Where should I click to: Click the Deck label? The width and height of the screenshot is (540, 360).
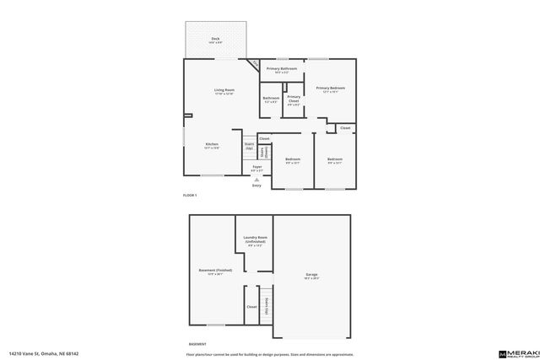tap(216, 40)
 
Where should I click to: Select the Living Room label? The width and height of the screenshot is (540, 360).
tap(224, 91)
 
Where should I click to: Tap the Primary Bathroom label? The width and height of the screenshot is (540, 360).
tap(282, 69)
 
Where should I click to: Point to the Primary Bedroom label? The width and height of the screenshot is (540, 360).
tap(331, 89)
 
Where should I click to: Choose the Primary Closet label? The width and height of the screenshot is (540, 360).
tap(294, 99)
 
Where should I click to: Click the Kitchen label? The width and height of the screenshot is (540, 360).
tap(212, 145)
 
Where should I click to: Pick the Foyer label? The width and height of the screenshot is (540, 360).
tap(256, 168)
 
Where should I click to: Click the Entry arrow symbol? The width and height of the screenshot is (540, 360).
tap(256, 180)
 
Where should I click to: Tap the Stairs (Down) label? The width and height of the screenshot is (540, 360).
tap(263, 152)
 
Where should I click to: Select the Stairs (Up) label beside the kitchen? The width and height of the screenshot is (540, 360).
tap(250, 146)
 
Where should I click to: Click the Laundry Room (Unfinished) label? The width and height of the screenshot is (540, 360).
tap(256, 240)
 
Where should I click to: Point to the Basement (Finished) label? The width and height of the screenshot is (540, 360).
tap(215, 271)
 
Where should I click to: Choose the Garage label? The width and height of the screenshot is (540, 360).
tap(311, 275)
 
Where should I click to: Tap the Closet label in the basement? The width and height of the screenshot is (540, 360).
tap(251, 307)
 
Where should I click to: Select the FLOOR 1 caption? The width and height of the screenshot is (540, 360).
tap(190, 196)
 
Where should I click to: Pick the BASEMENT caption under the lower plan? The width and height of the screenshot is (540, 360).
tap(197, 343)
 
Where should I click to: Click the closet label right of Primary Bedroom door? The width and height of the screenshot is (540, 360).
tap(345, 128)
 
